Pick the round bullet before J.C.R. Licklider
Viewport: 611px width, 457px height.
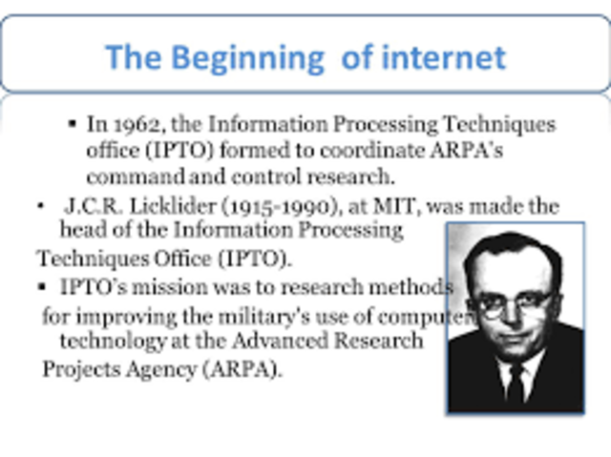click(40, 206)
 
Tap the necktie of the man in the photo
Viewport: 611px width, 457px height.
click(516, 382)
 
